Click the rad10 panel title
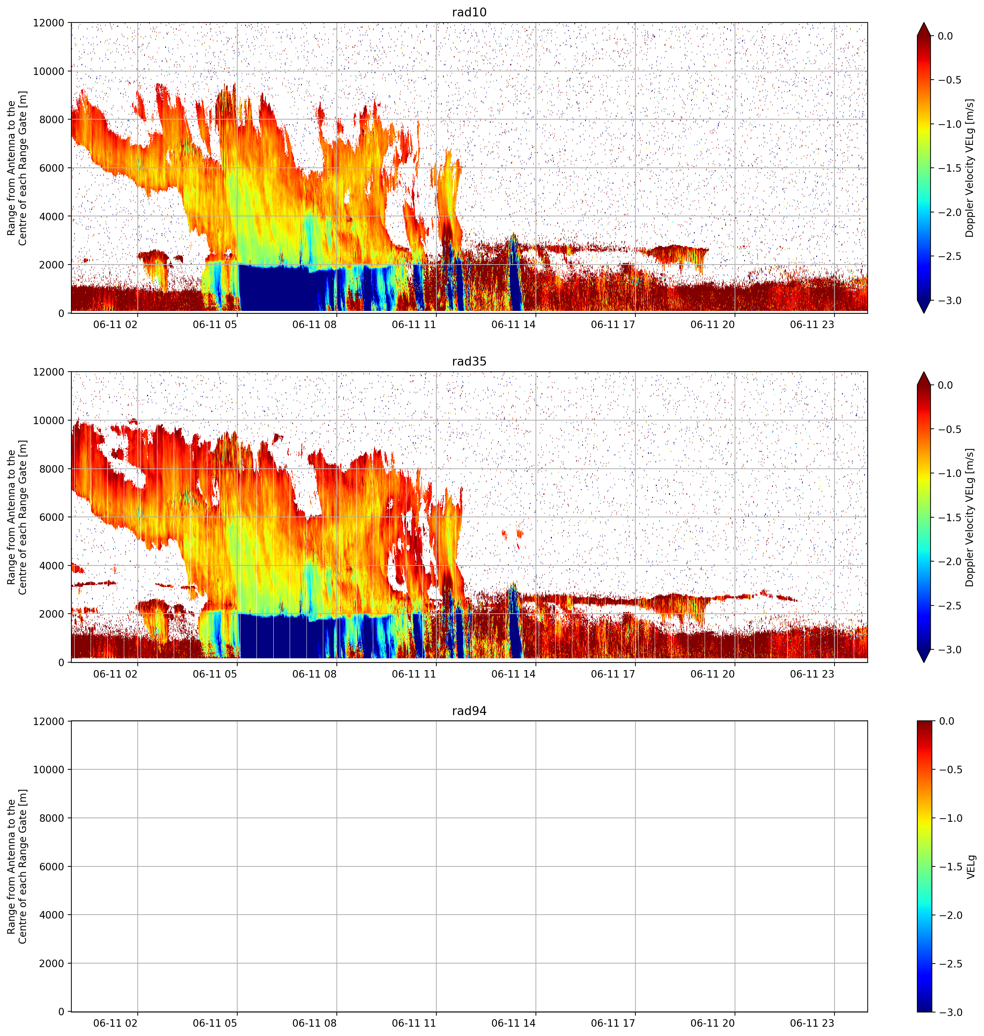469,12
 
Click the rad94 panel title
469,711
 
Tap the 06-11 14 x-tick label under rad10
513,325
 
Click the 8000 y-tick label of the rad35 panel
52,469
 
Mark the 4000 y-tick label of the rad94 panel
52,915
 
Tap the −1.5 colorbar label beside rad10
949,168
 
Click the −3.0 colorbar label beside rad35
949,650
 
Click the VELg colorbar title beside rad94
971,866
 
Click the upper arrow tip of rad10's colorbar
924,22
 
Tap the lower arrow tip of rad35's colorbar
924,662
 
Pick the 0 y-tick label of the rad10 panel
61,313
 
